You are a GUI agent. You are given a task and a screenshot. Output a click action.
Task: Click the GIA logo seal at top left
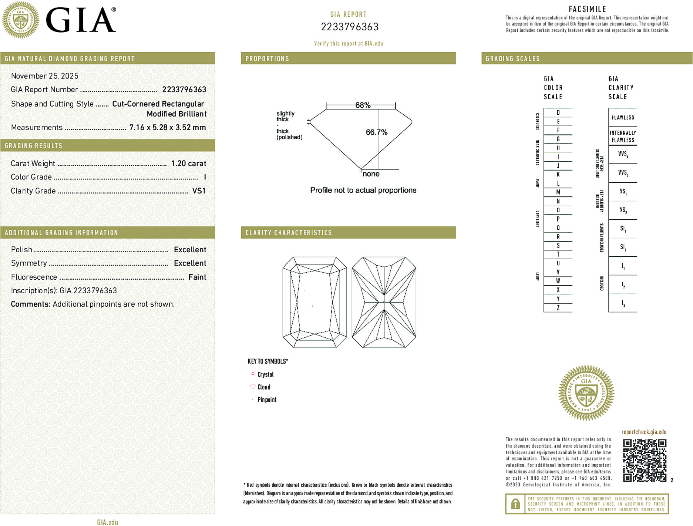[20, 20]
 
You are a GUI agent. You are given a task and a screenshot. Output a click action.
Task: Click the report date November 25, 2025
[45, 76]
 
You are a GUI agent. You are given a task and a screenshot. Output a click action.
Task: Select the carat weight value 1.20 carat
[188, 163]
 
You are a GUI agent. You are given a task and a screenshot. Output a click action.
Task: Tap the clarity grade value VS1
[199, 191]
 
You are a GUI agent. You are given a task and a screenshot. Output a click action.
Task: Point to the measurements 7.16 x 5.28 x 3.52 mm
[167, 127]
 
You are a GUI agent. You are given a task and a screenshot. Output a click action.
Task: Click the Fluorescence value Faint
[197, 277]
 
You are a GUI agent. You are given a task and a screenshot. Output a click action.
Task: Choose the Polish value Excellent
[190, 250]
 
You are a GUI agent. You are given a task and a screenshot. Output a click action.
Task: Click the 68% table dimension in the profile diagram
[363, 105]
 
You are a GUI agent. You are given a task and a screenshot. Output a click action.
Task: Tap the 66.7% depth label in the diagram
[376, 132]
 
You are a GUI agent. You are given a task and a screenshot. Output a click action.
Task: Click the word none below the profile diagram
[371, 174]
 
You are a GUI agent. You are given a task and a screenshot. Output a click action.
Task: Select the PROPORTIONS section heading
[267, 59]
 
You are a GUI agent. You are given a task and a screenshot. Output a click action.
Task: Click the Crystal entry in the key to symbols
[265, 374]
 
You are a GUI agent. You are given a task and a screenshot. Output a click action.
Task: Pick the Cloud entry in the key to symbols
[264, 387]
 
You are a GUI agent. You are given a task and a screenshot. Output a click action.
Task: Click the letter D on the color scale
[558, 112]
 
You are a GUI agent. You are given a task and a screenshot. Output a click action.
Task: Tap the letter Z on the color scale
[558, 308]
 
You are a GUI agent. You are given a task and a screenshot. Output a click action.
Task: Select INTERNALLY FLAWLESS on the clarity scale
[623, 136]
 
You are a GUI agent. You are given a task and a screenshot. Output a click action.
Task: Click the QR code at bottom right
[645, 460]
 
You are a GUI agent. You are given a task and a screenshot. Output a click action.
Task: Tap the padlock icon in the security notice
[515, 504]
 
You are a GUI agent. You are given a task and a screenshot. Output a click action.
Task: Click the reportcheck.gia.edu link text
[644, 432]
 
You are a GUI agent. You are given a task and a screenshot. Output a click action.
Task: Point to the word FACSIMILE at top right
[587, 9]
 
